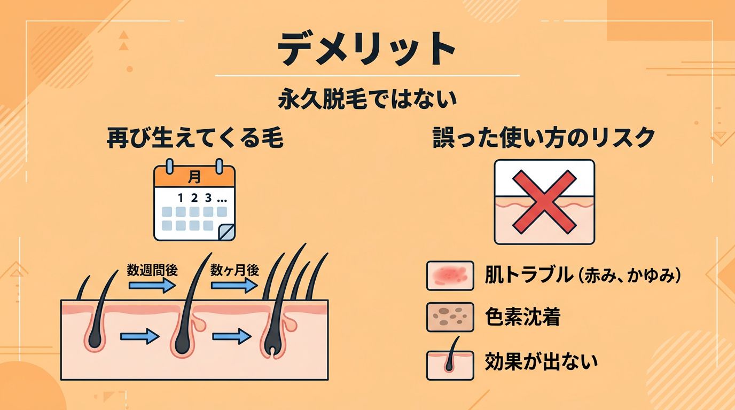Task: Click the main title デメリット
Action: tap(367, 48)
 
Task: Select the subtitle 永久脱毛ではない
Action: tap(367, 100)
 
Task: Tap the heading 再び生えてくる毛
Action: tap(194, 138)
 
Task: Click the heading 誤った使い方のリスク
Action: tap(543, 138)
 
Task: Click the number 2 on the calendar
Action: tap(194, 198)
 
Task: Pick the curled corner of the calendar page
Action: tap(226, 231)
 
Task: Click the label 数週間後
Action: tap(152, 270)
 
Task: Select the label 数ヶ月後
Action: tap(235, 270)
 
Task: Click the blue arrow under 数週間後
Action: tap(152, 286)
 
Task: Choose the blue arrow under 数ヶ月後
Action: tap(234, 286)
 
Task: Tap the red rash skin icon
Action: tap(450, 275)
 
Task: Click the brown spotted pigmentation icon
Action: tap(450, 318)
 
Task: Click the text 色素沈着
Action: tap(522, 318)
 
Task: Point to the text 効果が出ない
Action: tap(541, 362)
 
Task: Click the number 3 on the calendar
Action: tap(209, 198)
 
